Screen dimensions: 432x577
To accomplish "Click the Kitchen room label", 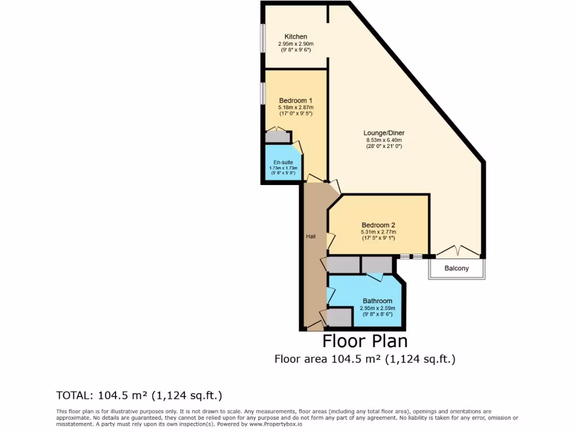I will (295, 37).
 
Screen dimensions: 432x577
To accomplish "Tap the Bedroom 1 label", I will (295, 101).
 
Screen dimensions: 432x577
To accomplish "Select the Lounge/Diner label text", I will (384, 133).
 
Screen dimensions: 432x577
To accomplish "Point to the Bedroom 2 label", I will (378, 225).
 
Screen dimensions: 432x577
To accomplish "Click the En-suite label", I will (284, 162).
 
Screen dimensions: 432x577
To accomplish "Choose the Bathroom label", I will (377, 301).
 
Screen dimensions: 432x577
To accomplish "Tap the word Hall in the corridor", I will (310, 237).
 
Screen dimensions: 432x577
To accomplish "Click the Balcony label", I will (456, 268).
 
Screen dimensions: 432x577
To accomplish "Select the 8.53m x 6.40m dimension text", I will (384, 140).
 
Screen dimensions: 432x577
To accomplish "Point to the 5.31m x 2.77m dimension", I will (378, 232).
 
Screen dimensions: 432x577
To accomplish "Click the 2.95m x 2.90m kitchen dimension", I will (295, 43).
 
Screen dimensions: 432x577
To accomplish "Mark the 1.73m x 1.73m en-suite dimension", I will (284, 168).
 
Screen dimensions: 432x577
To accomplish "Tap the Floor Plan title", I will (365, 341).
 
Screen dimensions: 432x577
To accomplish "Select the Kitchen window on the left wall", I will (263, 38).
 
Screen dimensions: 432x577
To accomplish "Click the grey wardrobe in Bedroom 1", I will (276, 136).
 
